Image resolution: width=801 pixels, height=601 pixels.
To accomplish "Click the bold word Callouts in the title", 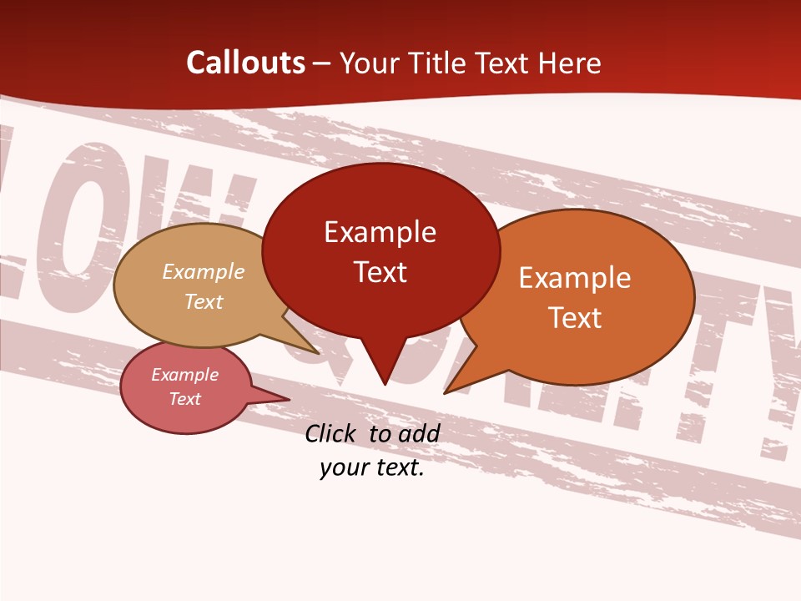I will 245,63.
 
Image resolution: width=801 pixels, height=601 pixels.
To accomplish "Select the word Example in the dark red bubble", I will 380,232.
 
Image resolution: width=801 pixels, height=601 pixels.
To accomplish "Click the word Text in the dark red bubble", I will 380,272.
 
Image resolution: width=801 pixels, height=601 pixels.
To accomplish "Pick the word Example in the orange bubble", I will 575,278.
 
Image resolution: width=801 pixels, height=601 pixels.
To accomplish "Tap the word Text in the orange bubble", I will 575,318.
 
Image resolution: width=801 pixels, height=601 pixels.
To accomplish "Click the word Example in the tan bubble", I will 204,272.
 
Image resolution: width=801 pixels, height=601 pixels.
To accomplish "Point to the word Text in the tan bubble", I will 204,301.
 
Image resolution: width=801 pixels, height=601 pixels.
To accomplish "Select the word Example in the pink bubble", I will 184,375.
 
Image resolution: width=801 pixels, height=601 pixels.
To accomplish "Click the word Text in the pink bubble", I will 184,399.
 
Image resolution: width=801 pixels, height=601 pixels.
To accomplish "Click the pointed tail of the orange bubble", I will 455,383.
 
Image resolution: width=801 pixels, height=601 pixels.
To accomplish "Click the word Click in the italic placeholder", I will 332,433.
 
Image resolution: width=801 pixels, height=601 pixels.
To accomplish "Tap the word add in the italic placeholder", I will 418,433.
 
